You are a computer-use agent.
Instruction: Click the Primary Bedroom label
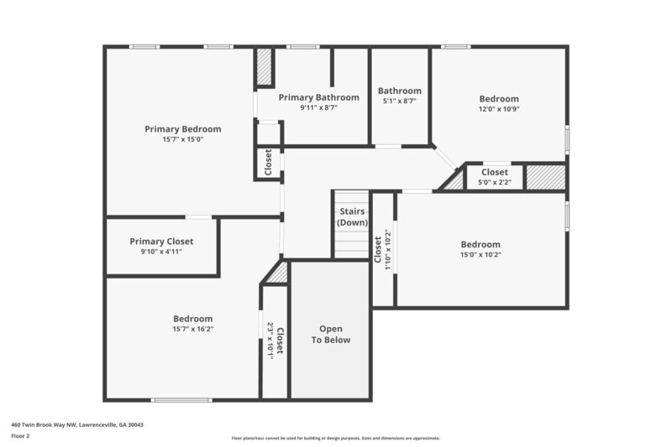182,129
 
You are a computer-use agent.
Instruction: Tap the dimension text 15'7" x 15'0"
182,139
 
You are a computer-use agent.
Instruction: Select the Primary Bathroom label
318,97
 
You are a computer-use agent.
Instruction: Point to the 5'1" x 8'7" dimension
399,101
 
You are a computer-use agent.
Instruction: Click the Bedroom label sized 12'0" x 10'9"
499,98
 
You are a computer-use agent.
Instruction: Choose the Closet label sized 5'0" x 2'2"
494,172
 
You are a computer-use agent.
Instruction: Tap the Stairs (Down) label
352,217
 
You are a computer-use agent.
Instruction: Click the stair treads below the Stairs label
352,244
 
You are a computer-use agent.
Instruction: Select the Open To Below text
331,334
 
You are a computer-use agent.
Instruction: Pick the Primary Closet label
161,241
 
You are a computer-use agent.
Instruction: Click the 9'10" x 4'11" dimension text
161,251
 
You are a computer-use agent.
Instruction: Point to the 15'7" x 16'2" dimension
192,329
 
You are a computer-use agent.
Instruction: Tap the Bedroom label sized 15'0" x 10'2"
480,244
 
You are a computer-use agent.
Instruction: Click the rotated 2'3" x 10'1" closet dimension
270,340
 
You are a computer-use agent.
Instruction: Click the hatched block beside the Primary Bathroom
265,68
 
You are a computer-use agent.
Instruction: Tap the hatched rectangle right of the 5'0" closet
545,177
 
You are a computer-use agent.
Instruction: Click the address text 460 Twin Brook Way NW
76,425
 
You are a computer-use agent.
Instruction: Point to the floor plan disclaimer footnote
335,438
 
